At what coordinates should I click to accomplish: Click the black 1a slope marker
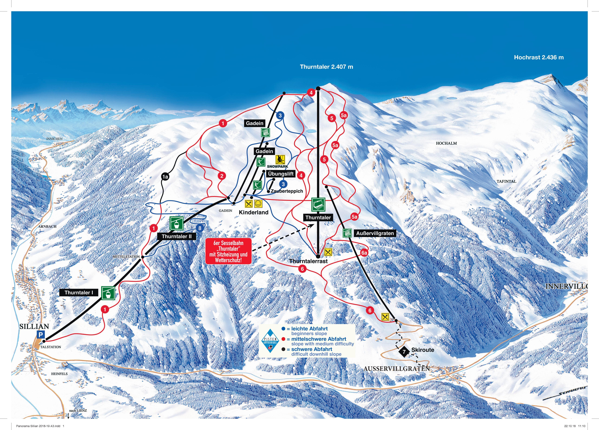pos(165,177)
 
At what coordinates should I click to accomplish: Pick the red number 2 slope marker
pos(222,176)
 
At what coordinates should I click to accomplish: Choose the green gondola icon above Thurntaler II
pos(176,223)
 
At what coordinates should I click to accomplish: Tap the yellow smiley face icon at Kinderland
pos(258,204)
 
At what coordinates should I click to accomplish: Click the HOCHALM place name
pos(446,143)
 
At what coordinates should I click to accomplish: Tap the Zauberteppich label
pos(287,191)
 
